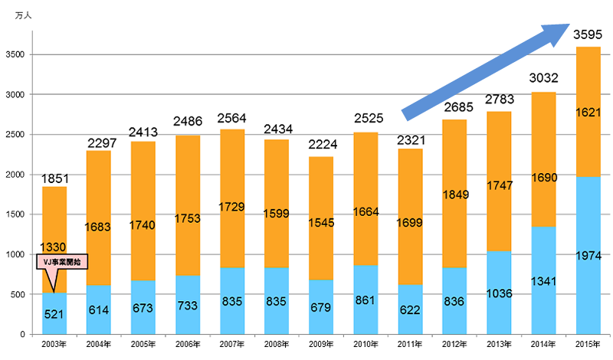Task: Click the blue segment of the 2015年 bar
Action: coord(588,230)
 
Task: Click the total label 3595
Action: coord(588,34)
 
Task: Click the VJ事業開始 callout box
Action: coord(61,262)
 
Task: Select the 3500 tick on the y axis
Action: coord(15,55)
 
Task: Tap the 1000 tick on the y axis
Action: coord(15,254)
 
